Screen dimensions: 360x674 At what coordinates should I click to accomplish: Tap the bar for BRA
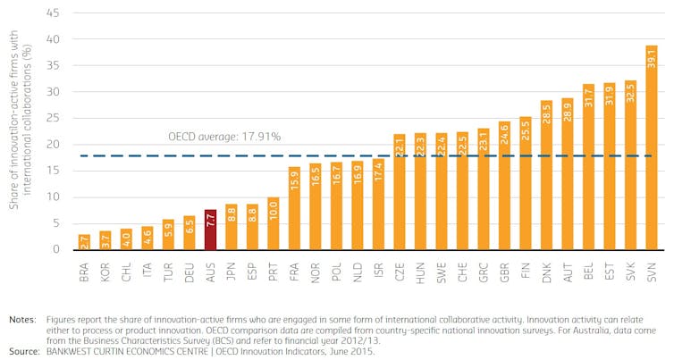point(84,242)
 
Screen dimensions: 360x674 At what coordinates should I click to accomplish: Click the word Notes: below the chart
point(23,318)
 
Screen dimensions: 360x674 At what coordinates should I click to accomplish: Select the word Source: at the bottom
point(25,352)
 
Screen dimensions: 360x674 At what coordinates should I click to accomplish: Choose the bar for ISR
point(378,205)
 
